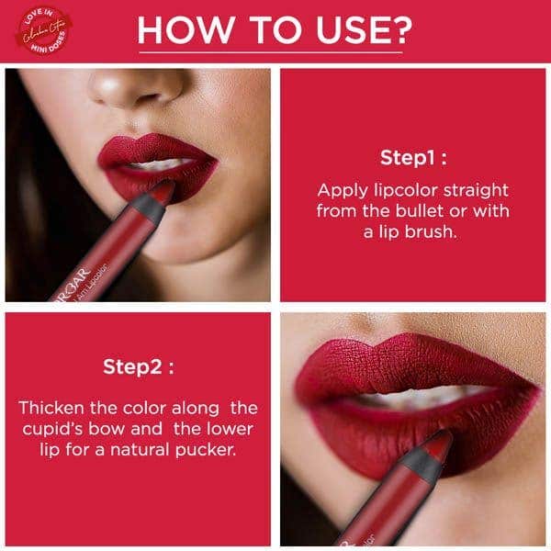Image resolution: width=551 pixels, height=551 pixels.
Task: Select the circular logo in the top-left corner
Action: click(x=39, y=29)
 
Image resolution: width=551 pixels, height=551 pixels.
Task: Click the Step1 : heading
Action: click(x=413, y=157)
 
